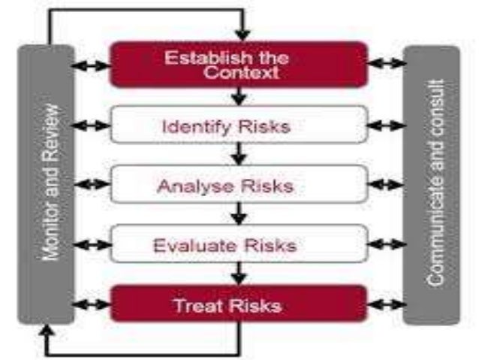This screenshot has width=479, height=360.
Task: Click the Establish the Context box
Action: [239, 64]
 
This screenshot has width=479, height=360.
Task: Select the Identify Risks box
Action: [239, 125]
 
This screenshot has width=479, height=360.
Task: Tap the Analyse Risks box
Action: [239, 185]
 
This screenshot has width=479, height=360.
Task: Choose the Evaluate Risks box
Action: [239, 245]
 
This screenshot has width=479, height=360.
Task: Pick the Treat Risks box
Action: [239, 305]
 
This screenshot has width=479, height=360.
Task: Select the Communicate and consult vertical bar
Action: [431, 184]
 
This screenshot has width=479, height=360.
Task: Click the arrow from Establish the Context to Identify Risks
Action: [239, 96]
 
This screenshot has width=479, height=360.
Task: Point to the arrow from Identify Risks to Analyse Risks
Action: [239, 155]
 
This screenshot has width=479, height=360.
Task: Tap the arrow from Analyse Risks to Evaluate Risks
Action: [239, 215]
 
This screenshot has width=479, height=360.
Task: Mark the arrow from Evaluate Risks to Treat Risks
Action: [239, 274]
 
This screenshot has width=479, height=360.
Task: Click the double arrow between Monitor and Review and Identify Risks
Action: [93, 126]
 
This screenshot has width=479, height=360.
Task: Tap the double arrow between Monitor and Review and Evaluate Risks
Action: [93, 245]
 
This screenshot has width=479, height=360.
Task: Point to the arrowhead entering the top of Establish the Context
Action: [239, 35]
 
